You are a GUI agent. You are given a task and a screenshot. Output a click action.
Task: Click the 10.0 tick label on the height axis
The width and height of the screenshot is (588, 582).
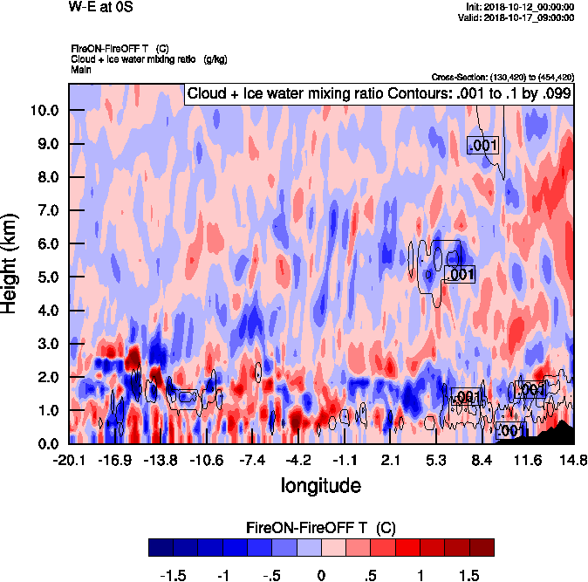click(x=44, y=111)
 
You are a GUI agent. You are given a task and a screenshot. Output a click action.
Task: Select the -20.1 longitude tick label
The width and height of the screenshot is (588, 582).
click(x=69, y=460)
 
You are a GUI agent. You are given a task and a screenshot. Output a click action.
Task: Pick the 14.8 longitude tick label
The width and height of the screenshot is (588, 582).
click(x=572, y=460)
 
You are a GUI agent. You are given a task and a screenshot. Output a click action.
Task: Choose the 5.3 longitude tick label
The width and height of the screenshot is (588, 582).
click(x=436, y=460)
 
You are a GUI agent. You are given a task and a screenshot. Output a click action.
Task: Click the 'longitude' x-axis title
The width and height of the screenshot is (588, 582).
click(x=320, y=484)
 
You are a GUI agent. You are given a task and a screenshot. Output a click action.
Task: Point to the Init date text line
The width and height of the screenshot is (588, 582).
click(x=520, y=6)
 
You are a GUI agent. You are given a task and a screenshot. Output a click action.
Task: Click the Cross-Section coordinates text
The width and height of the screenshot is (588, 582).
click(x=502, y=78)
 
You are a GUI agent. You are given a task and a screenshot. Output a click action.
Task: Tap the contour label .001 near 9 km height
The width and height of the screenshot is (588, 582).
click(x=482, y=146)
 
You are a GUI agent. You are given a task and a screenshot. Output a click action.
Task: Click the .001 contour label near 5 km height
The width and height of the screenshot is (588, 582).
click(x=459, y=275)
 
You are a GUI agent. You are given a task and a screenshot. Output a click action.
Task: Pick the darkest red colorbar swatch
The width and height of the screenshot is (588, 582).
click(x=481, y=547)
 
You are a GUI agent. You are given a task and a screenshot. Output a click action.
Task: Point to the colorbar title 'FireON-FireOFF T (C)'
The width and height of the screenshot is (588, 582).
click(x=321, y=527)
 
